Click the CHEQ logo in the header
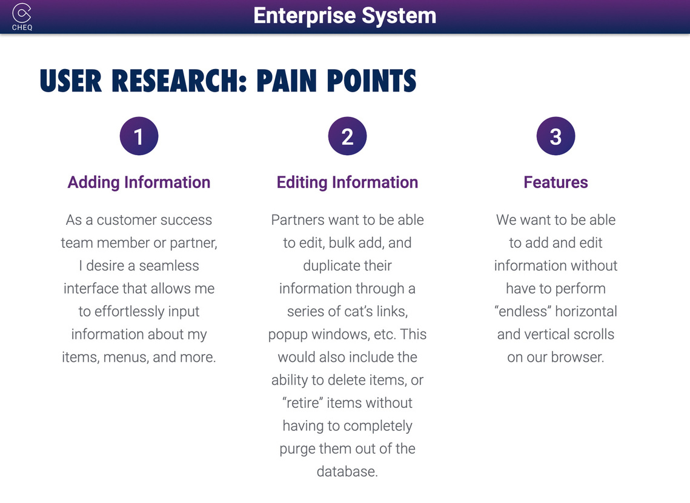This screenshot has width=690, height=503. coord(22,17)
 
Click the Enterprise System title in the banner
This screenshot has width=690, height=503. coord(345,16)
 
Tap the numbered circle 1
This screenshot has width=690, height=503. coord(139,136)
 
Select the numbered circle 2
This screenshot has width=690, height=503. coord(347,136)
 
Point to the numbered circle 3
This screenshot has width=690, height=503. coord(556,136)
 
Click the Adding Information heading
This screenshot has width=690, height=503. coord(139,182)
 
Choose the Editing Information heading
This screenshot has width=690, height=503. coord(347,182)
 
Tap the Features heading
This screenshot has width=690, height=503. coord(556,182)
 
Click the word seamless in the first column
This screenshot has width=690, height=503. coord(169,266)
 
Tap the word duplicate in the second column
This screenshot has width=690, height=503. coord(325,266)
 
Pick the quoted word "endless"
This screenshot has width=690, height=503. coord(523,311)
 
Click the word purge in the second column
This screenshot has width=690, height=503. coord(297,450)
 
